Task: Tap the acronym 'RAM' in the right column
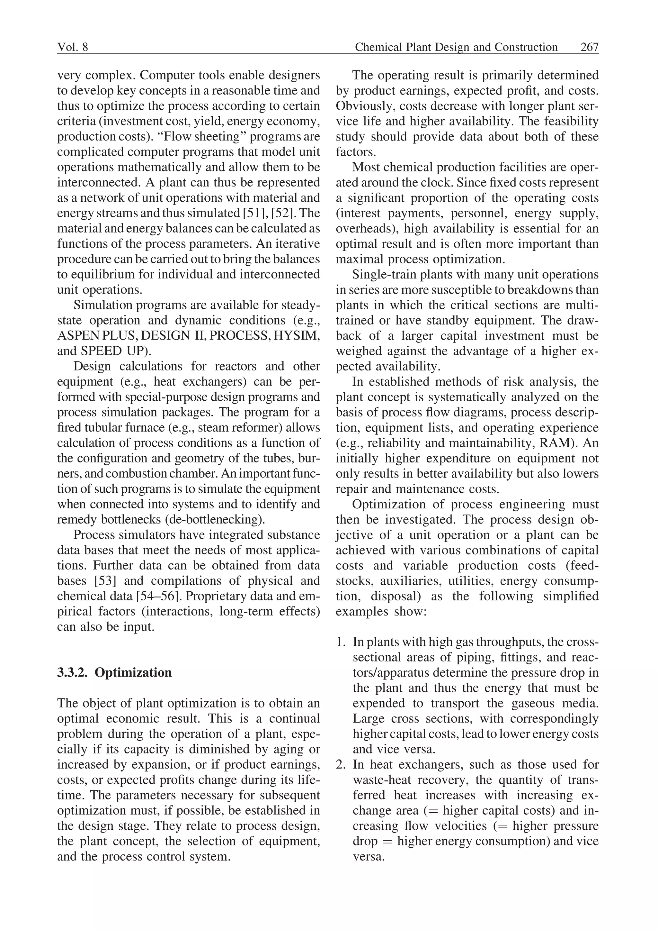click(x=557, y=443)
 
